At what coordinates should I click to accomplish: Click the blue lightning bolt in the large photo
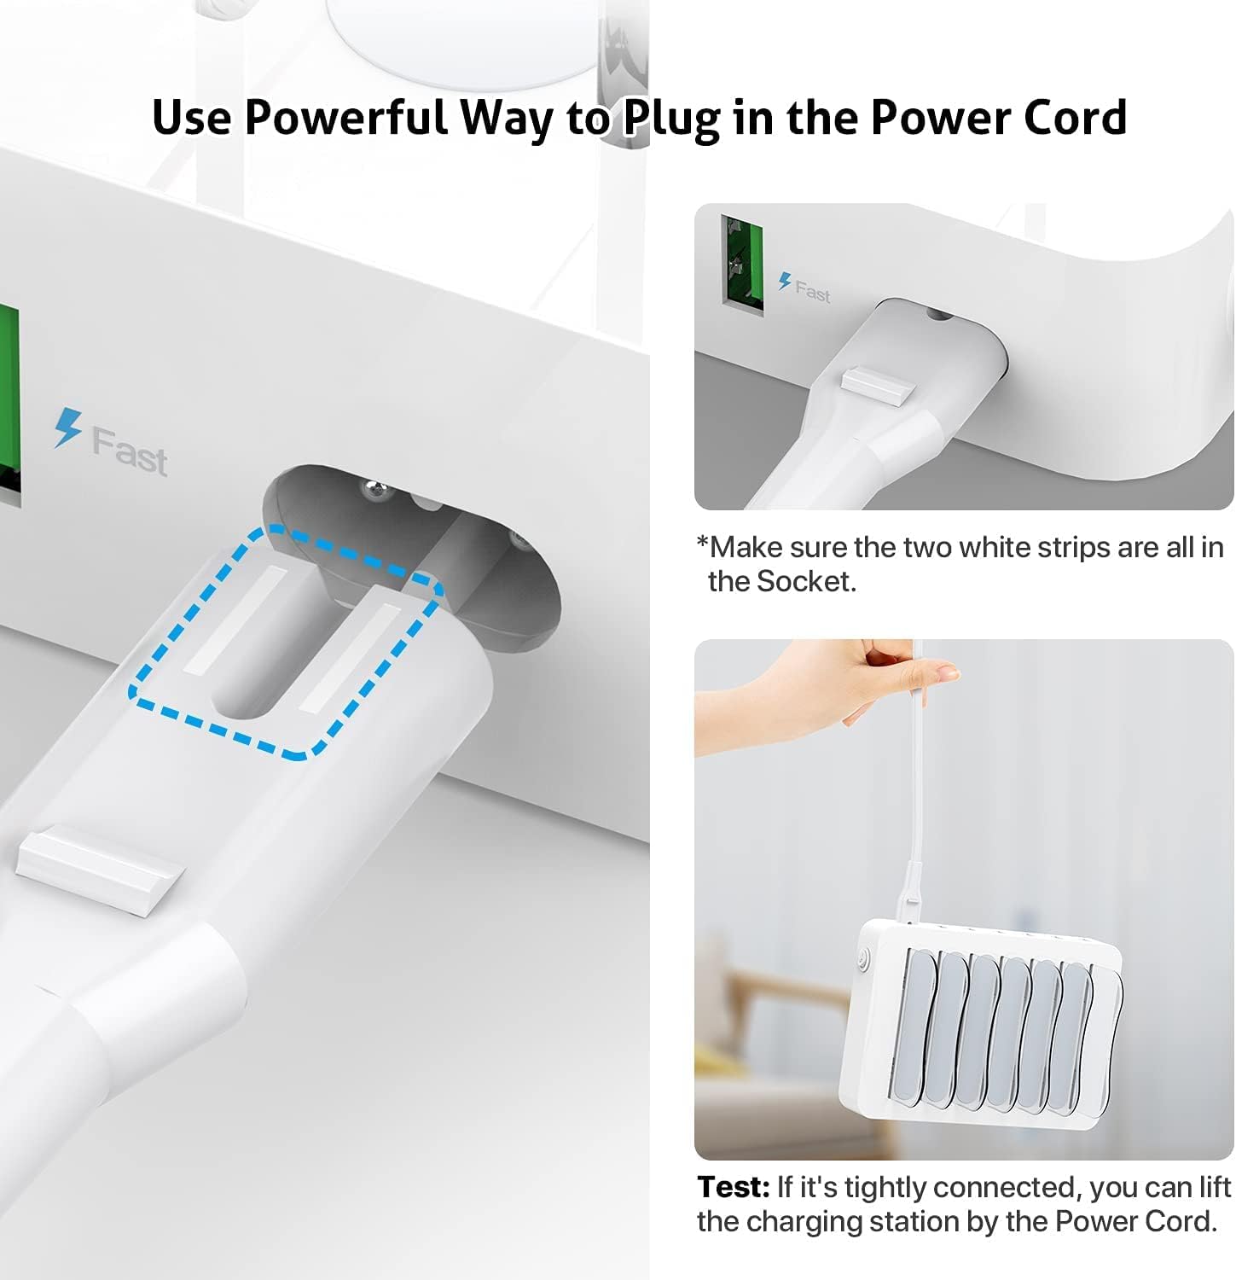pos(67,427)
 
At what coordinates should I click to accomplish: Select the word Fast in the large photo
pos(130,451)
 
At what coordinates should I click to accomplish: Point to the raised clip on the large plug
pos(101,868)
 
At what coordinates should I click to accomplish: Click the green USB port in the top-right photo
pos(741,261)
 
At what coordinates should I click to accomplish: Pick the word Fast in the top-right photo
pos(812,292)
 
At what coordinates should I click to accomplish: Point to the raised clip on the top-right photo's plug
pos(878,383)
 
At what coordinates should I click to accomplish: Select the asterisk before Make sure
pos(703,544)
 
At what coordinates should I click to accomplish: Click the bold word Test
pos(734,1187)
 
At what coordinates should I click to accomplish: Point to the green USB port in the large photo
pos(9,401)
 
